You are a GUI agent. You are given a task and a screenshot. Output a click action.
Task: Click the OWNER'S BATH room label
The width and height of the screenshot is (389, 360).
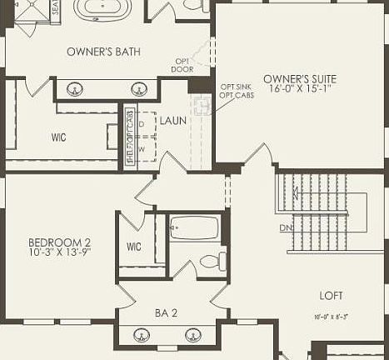tap(103, 52)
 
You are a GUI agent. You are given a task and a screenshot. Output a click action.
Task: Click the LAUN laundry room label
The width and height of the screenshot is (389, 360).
tap(172, 121)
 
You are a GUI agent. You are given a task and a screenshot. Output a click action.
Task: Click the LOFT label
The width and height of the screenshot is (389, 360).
tap(331, 295)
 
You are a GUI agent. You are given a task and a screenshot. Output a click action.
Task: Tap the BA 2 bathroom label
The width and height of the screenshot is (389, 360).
tap(167, 312)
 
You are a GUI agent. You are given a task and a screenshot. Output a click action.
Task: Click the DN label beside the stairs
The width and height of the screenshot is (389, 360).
tap(286, 227)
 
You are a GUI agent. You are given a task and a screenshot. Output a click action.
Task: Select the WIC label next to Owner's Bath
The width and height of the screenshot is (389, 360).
tap(58, 137)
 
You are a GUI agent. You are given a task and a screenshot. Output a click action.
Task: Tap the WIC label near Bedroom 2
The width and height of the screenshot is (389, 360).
tap(134, 247)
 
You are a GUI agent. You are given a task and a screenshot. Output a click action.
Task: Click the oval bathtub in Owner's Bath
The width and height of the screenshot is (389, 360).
tap(102, 8)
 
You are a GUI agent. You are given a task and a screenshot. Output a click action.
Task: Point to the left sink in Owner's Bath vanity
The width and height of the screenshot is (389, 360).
tap(74, 88)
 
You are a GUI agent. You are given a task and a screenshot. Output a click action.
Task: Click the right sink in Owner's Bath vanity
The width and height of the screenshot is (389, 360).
tap(138, 88)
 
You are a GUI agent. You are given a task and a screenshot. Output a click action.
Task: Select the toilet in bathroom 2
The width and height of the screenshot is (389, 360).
tap(212, 261)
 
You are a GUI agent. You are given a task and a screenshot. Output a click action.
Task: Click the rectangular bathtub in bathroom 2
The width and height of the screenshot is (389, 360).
tap(194, 227)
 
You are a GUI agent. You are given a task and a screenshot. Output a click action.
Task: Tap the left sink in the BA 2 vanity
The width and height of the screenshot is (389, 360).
tap(141, 335)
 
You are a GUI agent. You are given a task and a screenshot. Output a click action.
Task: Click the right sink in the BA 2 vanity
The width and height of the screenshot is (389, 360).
tap(193, 335)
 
